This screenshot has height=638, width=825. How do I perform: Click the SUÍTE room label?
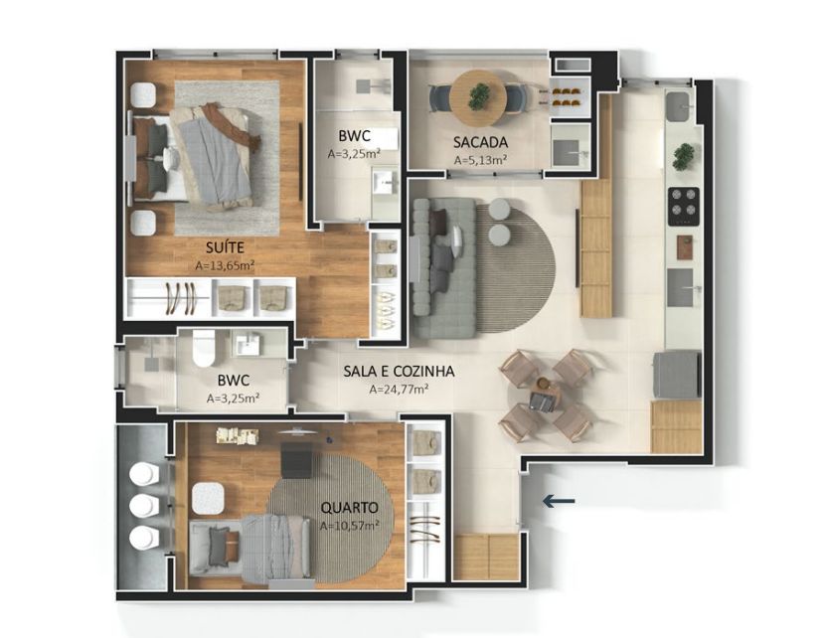point(226,247)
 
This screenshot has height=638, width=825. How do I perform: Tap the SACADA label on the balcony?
point(480,142)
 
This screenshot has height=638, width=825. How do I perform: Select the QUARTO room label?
point(349,508)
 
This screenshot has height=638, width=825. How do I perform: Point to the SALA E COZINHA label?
point(399,372)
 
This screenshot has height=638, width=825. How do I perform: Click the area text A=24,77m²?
point(399,390)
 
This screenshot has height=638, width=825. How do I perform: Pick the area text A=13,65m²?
point(226,265)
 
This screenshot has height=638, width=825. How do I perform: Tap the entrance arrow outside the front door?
point(559,501)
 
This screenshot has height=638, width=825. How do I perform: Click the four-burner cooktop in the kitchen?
point(684,207)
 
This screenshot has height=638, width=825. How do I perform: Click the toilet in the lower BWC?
point(204,348)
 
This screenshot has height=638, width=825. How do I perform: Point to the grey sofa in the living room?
point(443,268)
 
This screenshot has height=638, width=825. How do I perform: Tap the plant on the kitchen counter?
point(684,157)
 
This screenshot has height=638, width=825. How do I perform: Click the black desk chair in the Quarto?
point(296,460)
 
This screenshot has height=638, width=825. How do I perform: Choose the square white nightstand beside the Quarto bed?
point(208,499)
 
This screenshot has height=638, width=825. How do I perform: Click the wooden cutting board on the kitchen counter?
point(685,247)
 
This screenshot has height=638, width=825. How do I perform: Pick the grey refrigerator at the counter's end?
point(677,375)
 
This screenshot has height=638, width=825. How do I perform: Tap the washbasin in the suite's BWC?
point(386,185)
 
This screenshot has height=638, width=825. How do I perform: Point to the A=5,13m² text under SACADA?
point(481,160)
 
